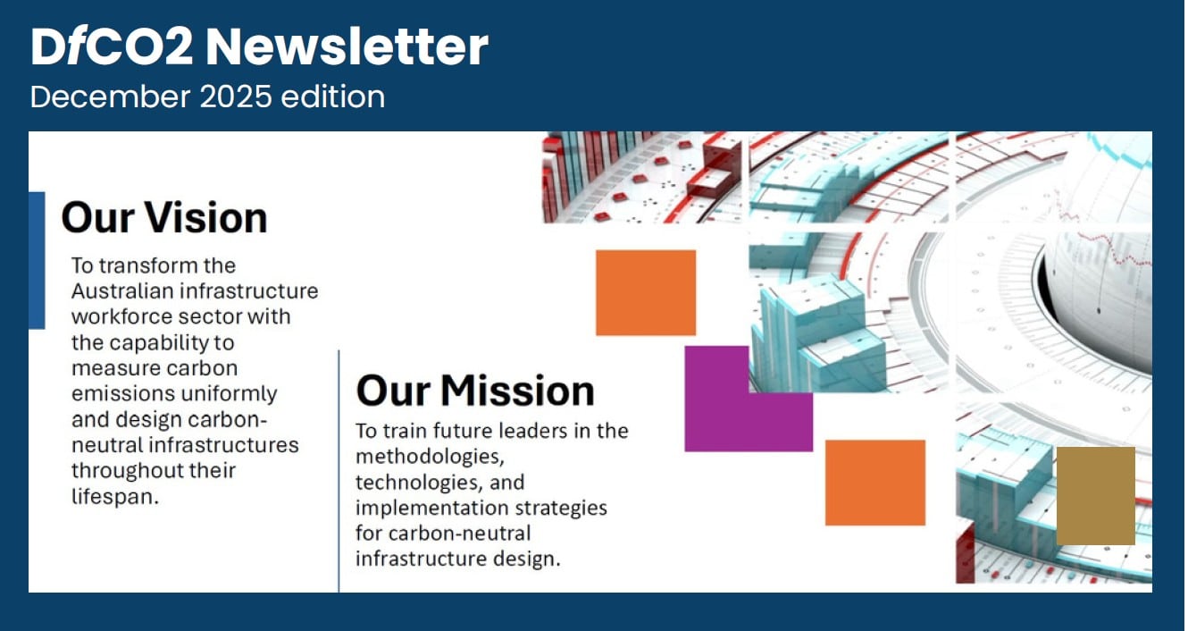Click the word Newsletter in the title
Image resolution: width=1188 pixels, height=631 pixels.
(x=347, y=47)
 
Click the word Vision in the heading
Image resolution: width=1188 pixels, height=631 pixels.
(x=208, y=217)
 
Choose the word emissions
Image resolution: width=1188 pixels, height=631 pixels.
(x=117, y=393)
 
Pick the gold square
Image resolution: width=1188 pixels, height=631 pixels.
(x=1095, y=496)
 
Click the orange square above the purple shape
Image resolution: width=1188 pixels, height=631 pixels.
(x=645, y=292)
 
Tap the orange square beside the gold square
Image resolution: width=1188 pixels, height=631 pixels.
(x=874, y=483)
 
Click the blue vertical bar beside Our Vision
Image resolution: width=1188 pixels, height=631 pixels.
(x=37, y=260)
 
